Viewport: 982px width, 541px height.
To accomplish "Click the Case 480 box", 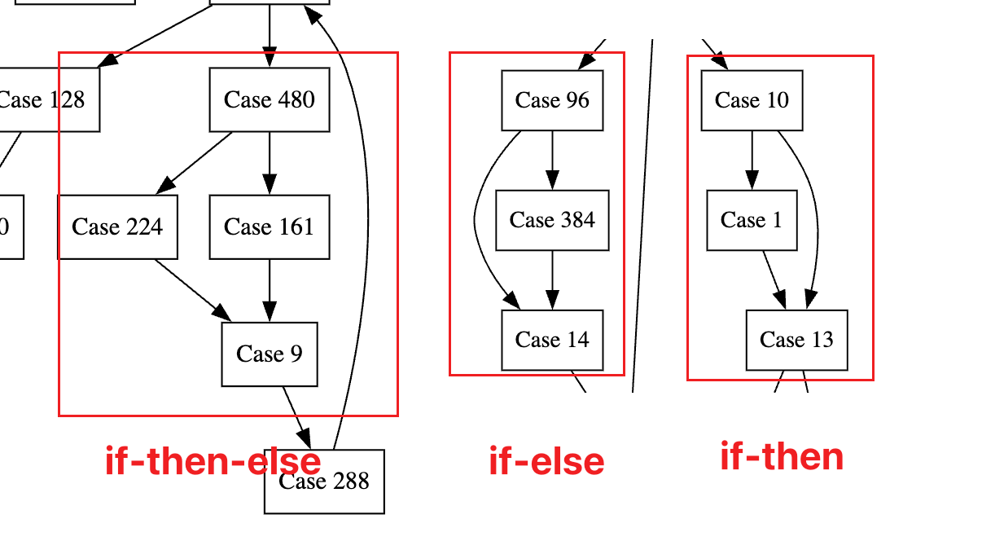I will (270, 99).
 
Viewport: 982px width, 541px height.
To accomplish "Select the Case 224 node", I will (117, 227).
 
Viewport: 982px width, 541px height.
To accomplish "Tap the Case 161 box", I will (270, 227).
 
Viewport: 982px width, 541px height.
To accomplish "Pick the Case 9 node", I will (270, 354).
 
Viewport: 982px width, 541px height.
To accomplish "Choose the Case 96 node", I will (552, 100).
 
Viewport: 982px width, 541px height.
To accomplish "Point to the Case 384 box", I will (552, 220).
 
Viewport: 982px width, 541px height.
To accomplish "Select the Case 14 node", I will (552, 340).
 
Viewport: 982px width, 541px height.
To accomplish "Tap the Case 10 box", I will (752, 100).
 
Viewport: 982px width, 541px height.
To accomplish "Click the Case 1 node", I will (752, 220).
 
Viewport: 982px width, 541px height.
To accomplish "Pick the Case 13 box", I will (796, 340).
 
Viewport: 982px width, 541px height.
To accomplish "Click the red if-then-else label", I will (213, 461).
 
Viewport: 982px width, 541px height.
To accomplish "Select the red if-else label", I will (546, 461).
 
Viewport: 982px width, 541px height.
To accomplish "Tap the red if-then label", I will (782, 456).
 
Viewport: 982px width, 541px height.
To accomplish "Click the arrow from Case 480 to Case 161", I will (270, 163).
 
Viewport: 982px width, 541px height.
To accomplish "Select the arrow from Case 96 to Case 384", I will (552, 160).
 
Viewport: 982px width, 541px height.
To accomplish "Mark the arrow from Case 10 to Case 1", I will (752, 160).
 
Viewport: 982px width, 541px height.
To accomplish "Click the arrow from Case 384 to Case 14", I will (552, 279).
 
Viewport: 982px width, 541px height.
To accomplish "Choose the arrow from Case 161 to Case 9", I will (270, 290).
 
